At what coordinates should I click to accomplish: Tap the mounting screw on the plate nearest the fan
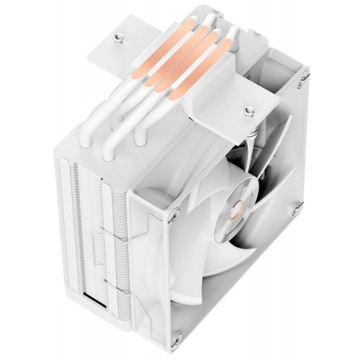[249, 111]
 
